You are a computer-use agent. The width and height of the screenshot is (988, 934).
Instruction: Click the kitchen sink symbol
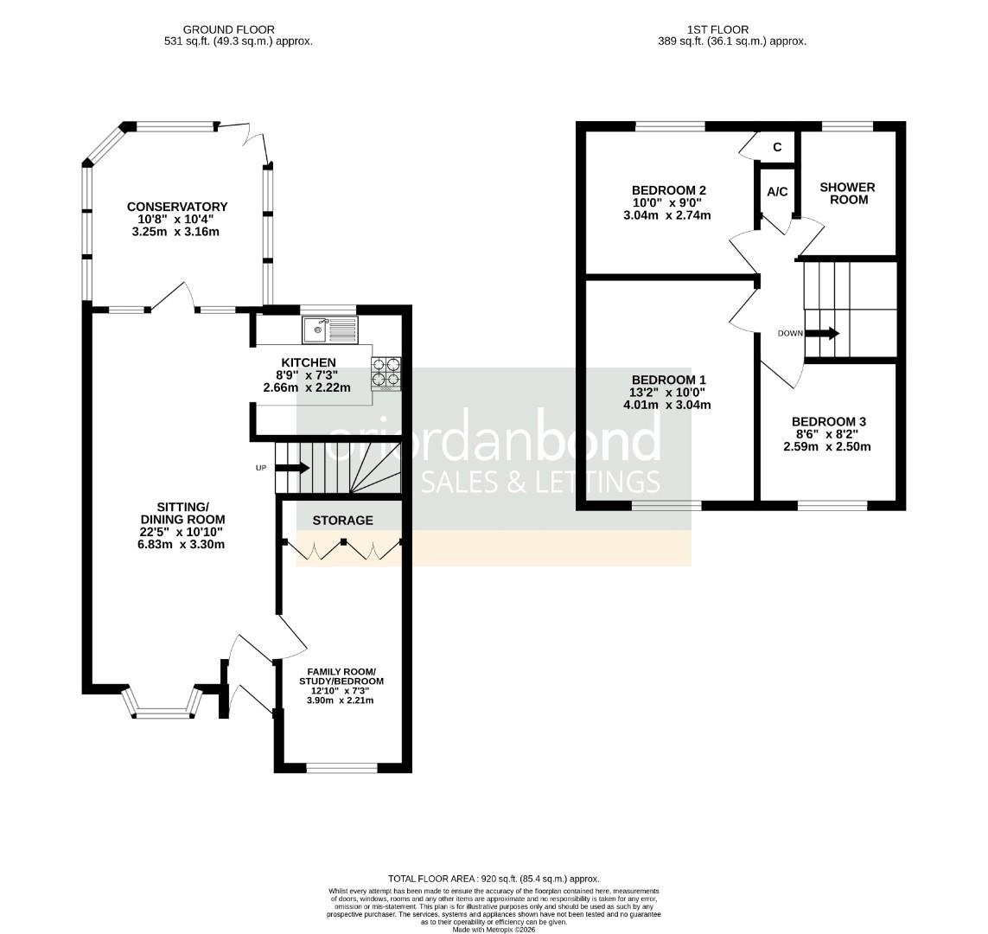(329, 329)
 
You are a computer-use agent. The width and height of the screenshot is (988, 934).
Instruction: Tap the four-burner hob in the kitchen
(386, 373)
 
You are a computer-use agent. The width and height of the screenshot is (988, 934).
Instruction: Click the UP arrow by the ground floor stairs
(292, 468)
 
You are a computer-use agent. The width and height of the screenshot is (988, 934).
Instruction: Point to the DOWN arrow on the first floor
(822, 333)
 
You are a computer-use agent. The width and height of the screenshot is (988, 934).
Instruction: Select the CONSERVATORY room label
(177, 207)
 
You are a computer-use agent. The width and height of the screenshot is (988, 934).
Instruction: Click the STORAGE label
(343, 521)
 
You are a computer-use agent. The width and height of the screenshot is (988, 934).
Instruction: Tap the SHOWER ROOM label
(847, 194)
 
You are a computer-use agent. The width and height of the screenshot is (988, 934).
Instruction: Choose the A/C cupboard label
(778, 192)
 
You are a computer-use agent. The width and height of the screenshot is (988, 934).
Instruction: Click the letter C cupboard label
(778, 147)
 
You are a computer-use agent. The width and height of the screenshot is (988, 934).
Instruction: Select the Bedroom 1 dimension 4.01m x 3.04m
(667, 405)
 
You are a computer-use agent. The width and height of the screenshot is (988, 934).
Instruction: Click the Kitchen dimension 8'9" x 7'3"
(308, 375)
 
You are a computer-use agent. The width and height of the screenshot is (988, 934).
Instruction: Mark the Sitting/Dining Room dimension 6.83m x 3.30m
(181, 544)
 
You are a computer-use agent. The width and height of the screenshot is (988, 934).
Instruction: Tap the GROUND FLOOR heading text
(229, 29)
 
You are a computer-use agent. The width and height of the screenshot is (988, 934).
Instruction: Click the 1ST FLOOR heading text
(717, 29)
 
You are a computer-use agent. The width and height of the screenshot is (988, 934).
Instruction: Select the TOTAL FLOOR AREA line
(494, 879)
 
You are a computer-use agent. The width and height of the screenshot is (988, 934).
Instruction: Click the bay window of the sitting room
(164, 703)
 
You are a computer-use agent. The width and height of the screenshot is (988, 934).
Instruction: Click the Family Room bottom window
(341, 768)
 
